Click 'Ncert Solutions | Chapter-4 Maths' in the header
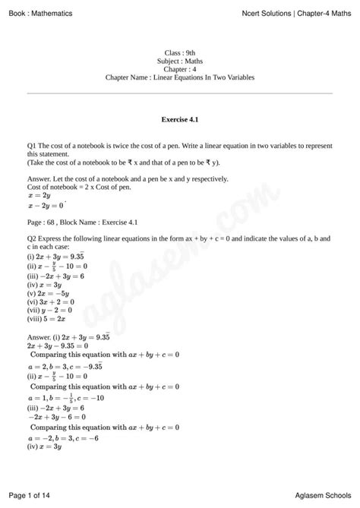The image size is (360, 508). point(297,8)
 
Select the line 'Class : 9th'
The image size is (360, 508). point(179,52)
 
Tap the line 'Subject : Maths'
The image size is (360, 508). point(179,61)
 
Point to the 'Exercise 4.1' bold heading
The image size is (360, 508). point(180,120)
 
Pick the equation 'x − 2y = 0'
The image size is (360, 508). point(45,205)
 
